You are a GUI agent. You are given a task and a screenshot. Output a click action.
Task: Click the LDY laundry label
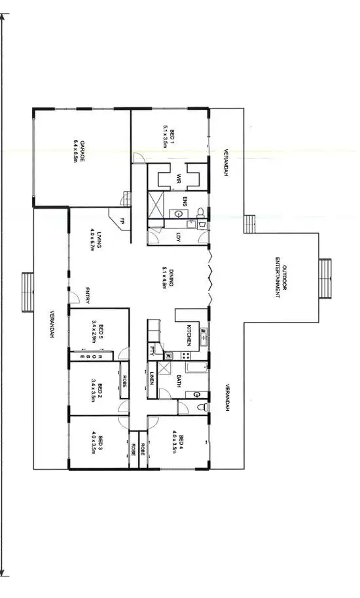tap(178, 238)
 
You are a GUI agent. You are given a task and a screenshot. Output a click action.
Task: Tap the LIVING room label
tap(97, 240)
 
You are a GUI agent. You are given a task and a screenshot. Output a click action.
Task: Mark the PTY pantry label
tap(153, 349)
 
